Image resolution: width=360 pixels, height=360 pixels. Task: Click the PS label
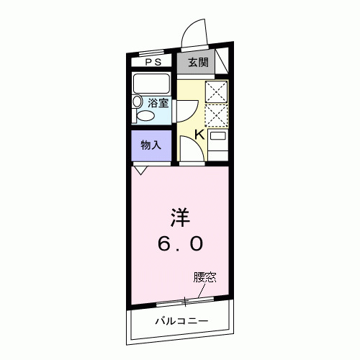pyautogui.click(x=153, y=62)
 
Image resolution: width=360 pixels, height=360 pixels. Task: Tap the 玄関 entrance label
pyautogui.click(x=198, y=62)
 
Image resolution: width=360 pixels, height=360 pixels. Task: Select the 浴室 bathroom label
pyautogui.click(x=158, y=103)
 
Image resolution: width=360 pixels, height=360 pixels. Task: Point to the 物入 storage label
pyautogui.click(x=150, y=145)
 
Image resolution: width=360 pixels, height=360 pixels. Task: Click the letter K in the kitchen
pyautogui.click(x=199, y=133)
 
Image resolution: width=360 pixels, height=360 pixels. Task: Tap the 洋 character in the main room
pyautogui.click(x=180, y=216)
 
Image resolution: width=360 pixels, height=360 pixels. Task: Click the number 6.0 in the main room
pyautogui.click(x=180, y=244)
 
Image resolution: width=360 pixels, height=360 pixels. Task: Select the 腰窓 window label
pyautogui.click(x=204, y=276)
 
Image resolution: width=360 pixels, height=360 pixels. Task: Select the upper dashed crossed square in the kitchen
pyautogui.click(x=217, y=91)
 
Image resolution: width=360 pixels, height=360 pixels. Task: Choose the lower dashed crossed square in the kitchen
pyautogui.click(x=217, y=115)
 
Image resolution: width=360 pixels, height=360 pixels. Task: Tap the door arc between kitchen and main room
pyautogui.click(x=191, y=150)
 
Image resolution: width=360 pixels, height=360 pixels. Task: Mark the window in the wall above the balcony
pyautogui.click(x=186, y=300)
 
